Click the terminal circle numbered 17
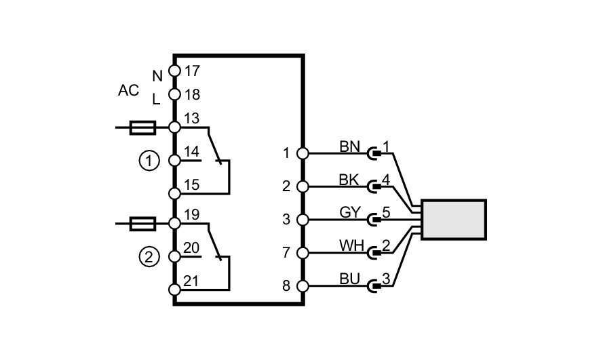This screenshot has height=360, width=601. [174, 71]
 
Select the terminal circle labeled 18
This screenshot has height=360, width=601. [174, 95]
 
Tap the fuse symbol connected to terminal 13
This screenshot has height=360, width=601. [142, 127]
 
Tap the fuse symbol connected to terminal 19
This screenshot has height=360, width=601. [142, 222]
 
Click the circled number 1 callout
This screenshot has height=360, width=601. [149, 161]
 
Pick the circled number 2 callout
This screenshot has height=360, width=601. [149, 257]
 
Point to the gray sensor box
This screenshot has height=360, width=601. [453, 220]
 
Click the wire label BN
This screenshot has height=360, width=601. [349, 147]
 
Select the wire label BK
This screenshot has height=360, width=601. [349, 180]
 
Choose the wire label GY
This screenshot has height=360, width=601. [349, 212]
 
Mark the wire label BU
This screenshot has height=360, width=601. [349, 279]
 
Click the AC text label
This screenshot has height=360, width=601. [128, 91]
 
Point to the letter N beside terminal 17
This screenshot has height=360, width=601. [157, 76]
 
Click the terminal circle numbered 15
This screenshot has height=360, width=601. [174, 193]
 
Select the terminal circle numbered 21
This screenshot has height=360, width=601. [174, 289]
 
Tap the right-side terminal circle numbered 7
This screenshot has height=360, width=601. [303, 253]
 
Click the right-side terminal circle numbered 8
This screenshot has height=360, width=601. [303, 286]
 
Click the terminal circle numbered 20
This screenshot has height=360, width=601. [174, 256]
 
